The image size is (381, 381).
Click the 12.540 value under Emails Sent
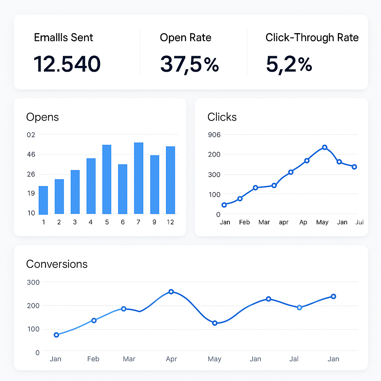click(67, 64)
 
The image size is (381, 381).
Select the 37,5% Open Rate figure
click(189, 64)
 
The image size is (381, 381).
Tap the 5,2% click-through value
click(289, 64)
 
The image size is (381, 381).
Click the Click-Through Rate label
click(312, 38)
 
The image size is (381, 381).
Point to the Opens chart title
click(42, 117)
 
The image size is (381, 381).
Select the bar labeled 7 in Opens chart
click(139, 178)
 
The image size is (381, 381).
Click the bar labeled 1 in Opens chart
click(44, 200)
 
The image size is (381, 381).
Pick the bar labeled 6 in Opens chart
click(123, 189)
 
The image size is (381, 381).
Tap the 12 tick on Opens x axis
click(170, 222)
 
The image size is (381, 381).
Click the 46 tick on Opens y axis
click(31, 154)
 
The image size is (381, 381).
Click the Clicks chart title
click(222, 117)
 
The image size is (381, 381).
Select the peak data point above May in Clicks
click(324, 147)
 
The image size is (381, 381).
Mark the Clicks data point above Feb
click(240, 199)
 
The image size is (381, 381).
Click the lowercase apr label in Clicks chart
click(284, 222)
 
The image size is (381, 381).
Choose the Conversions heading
click(57, 264)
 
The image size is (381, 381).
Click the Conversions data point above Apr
click(171, 292)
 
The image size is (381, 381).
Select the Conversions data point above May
click(215, 323)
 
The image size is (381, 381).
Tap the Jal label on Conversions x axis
click(294, 359)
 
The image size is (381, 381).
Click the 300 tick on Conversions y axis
click(33, 282)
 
